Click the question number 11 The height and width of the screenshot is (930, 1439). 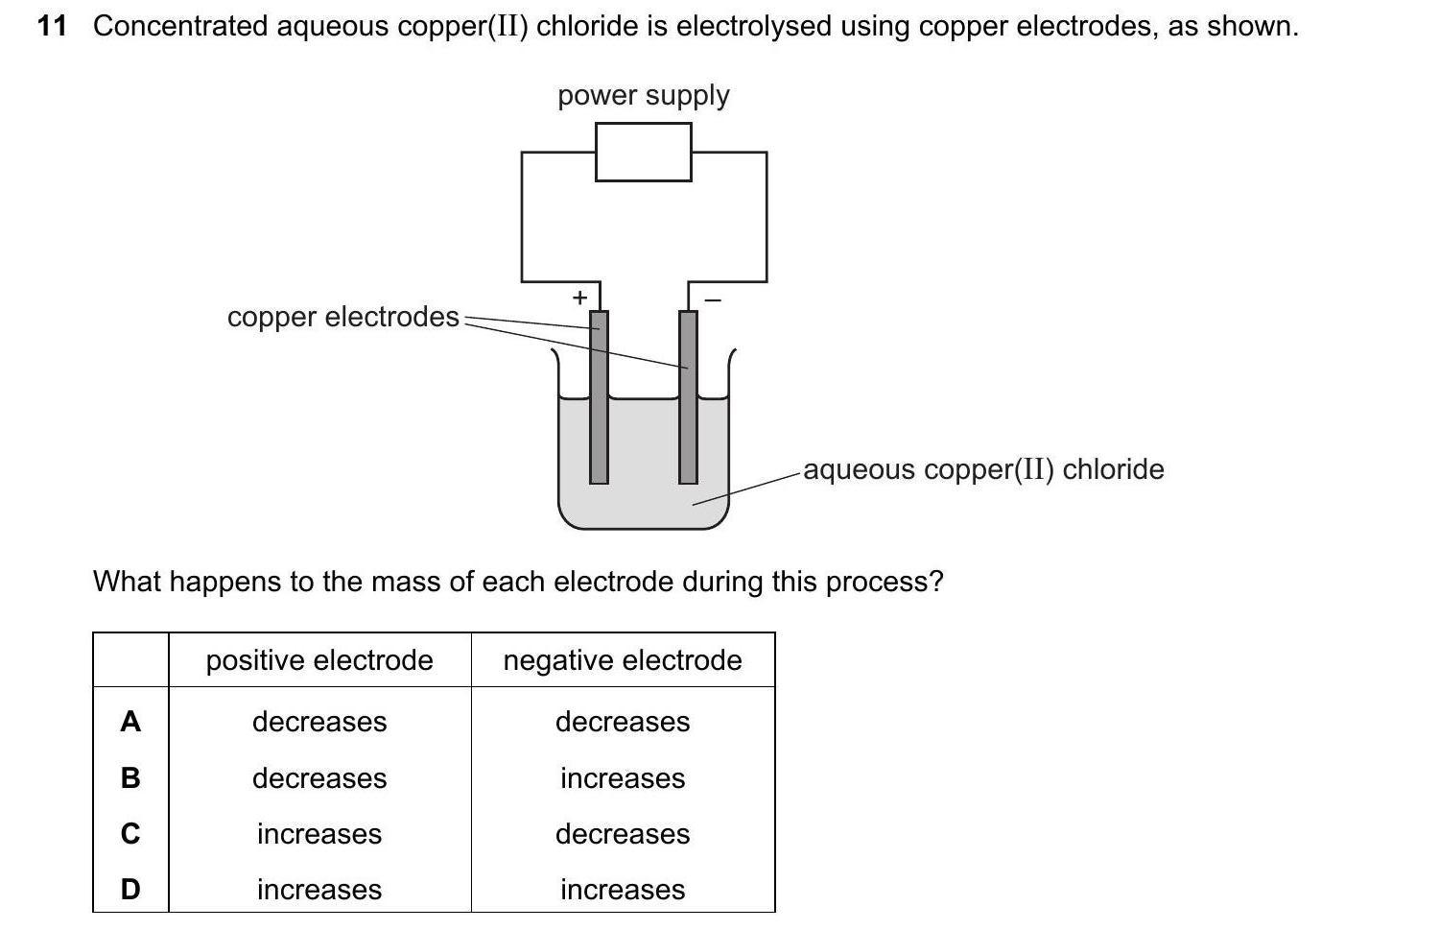click(52, 26)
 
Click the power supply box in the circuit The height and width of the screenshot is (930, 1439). click(643, 152)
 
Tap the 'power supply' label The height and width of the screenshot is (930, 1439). click(643, 95)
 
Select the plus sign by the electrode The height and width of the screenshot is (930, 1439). click(579, 298)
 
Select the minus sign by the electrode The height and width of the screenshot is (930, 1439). click(712, 300)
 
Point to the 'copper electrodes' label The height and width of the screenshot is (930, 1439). click(343, 317)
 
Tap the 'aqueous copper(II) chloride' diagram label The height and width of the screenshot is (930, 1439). click(983, 469)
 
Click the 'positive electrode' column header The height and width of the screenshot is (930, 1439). click(319, 660)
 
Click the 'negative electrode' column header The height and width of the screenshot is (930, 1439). click(623, 660)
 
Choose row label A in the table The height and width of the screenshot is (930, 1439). click(130, 722)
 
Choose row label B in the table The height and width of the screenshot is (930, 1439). click(130, 777)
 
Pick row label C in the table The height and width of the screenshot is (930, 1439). click(130, 834)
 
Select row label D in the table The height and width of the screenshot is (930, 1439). click(130, 890)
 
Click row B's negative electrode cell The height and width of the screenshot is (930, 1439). click(623, 777)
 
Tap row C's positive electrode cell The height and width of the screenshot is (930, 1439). click(319, 834)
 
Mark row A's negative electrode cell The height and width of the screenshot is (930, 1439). click(623, 722)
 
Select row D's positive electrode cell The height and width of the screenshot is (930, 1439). click(319, 890)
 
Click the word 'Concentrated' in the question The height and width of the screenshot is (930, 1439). click(180, 26)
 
